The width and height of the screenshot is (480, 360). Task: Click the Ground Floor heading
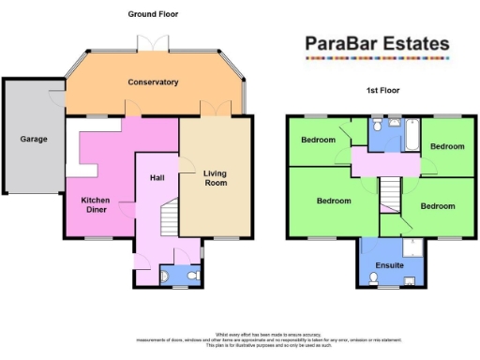point(153,14)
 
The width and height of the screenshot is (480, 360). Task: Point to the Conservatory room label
point(153,82)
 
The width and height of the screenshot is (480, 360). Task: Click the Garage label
point(34,139)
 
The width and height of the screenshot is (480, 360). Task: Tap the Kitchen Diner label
point(96,205)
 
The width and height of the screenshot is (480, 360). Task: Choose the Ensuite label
point(389,266)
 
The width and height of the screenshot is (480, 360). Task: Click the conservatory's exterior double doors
point(153,42)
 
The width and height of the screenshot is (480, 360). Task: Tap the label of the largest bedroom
point(334,201)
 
